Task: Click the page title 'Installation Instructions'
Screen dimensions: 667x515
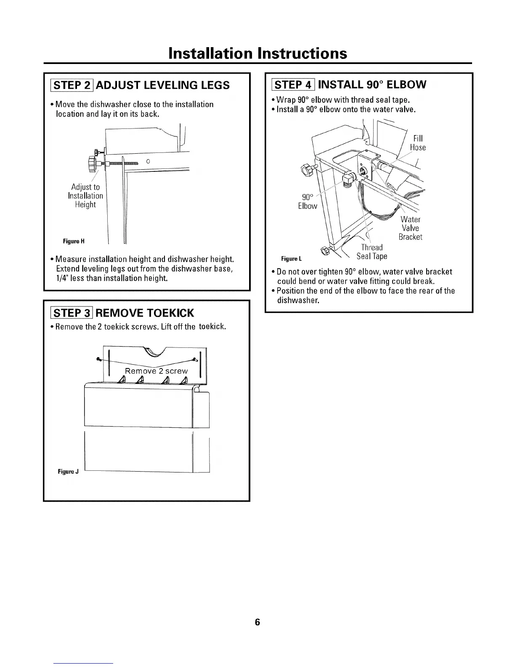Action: pyautogui.click(x=257, y=53)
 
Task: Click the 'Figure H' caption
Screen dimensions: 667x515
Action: pyautogui.click(x=74, y=241)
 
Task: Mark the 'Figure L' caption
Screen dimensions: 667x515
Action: pyautogui.click(x=292, y=258)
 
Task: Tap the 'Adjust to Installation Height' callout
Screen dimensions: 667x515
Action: pyautogui.click(x=85, y=196)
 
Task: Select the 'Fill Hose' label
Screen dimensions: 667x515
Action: pyautogui.click(x=417, y=143)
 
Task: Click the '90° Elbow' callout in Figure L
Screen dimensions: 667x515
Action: pyautogui.click(x=308, y=202)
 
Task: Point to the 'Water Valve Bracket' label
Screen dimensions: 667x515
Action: pyautogui.click(x=410, y=228)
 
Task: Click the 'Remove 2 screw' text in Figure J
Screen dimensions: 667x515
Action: pyautogui.click(x=156, y=371)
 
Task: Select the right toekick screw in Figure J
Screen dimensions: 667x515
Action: pyautogui.click(x=195, y=359)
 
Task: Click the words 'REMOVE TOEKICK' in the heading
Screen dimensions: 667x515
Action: pyautogui.click(x=146, y=313)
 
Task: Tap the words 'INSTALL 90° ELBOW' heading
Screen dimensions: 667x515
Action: pyautogui.click(x=372, y=85)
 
